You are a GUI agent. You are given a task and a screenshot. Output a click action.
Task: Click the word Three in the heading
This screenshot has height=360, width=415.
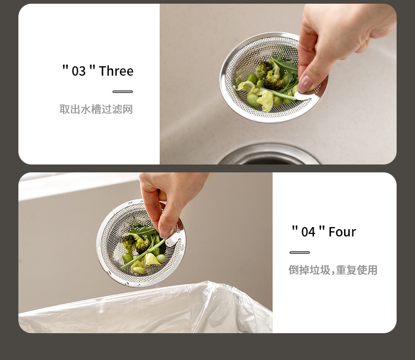(116, 71)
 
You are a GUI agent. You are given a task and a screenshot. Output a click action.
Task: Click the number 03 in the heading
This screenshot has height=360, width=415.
(79, 71)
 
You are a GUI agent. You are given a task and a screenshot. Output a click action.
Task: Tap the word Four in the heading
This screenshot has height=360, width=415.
(342, 232)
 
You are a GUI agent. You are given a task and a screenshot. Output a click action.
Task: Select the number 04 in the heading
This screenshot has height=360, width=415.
(308, 232)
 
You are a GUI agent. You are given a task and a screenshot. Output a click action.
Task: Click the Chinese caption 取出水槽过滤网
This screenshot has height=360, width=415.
(96, 109)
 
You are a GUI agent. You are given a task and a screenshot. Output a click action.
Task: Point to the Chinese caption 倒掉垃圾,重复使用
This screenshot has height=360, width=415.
(333, 270)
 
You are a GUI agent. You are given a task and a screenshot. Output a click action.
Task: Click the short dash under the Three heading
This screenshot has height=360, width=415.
(122, 91)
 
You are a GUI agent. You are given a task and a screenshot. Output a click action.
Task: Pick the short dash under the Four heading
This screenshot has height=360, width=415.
(299, 253)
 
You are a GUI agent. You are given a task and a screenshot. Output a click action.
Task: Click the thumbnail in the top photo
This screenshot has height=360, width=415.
(305, 84)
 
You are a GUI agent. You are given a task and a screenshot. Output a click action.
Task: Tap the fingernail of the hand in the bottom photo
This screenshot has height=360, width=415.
(164, 232)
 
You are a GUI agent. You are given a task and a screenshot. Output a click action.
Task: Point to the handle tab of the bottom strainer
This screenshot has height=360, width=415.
(172, 240)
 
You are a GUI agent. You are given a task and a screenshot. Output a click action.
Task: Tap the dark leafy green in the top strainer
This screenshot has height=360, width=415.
(285, 64)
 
